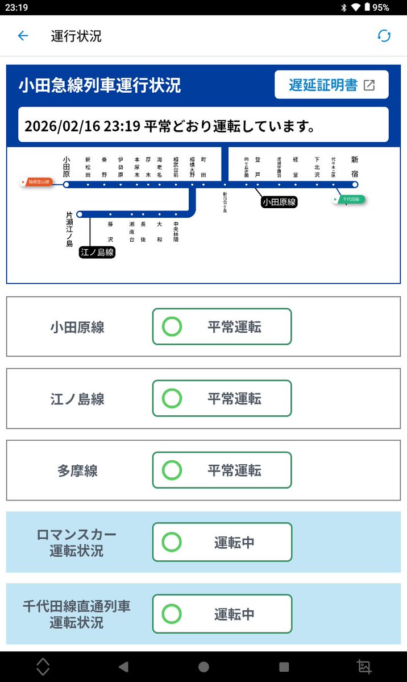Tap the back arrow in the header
pos(23,36)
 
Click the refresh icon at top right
pos(384,36)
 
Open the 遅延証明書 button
pos(331,85)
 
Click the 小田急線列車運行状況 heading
pos(100,85)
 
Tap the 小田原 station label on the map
pos(67,167)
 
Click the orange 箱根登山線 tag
pos(36,182)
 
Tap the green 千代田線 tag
pos(350,200)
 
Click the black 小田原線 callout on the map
pos(280,202)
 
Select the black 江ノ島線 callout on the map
pos(97,252)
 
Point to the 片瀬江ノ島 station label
pos(69,229)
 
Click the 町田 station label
pos(204,167)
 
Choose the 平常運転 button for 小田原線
pos(222,326)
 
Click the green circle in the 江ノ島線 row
pos(172,398)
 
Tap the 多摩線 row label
pos(77,470)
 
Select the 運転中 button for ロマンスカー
pos(222,542)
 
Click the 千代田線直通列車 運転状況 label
pos(77,614)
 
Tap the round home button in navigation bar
pos(204,667)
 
